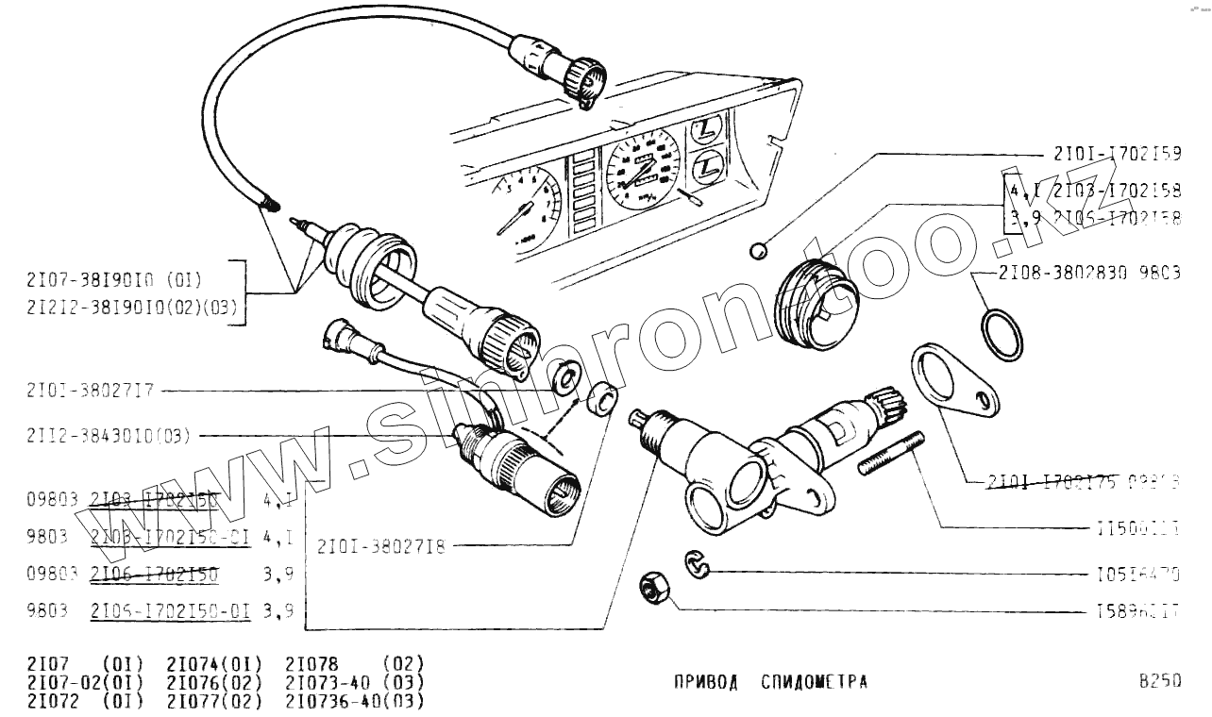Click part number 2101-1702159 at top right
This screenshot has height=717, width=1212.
click(x=1117, y=154)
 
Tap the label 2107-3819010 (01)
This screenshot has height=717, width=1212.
click(x=114, y=279)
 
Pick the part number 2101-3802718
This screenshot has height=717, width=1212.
click(x=381, y=545)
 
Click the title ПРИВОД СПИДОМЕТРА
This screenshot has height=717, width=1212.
click(x=770, y=682)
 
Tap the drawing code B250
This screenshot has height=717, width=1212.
click(x=1159, y=682)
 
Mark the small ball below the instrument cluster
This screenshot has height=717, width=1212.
click(x=757, y=251)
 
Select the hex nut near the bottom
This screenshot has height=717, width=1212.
click(x=653, y=590)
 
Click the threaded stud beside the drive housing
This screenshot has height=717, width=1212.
click(x=891, y=454)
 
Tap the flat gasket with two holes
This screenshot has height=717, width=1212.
click(x=952, y=382)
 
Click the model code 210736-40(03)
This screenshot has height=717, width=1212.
click(x=354, y=701)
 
